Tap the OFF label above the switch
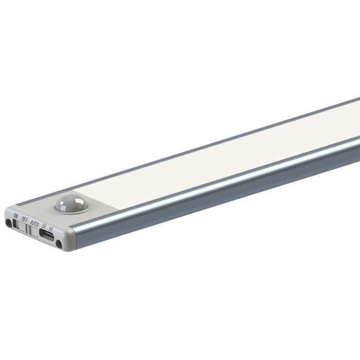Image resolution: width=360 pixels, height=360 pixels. [25, 219]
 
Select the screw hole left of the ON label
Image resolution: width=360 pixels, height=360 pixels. [9, 223]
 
